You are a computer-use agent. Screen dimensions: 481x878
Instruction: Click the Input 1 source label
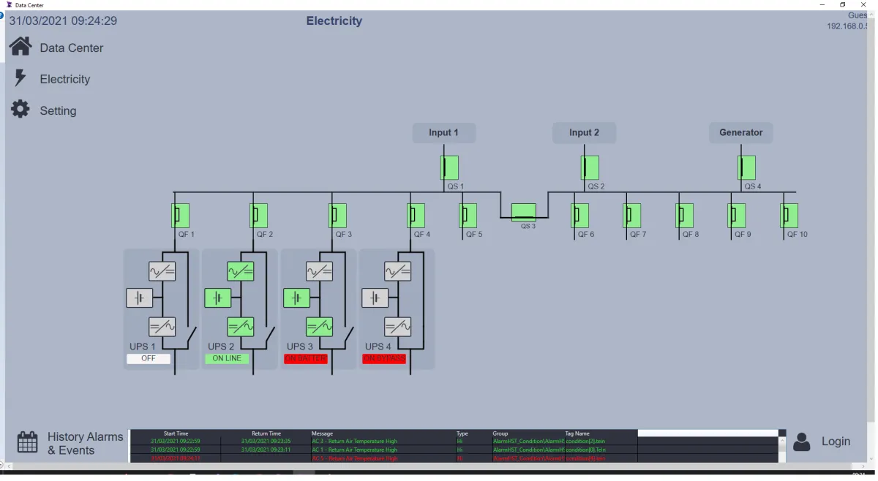(443, 132)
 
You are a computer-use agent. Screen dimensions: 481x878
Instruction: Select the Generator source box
(740, 132)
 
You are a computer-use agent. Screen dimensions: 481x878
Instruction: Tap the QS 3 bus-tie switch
(523, 212)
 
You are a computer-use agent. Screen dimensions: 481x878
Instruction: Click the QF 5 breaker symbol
(468, 216)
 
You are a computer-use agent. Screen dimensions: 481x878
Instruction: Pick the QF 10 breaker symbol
(789, 216)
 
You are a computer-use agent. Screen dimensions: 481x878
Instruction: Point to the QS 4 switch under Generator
(746, 167)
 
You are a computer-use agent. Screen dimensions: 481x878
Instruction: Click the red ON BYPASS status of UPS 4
(384, 359)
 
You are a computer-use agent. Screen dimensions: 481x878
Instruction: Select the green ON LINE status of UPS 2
(227, 359)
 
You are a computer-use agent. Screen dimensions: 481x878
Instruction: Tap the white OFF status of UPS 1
(149, 359)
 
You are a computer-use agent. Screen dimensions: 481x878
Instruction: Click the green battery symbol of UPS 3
(296, 298)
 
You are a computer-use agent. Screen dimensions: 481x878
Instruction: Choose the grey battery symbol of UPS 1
(139, 298)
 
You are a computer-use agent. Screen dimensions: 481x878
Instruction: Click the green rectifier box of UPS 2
(241, 272)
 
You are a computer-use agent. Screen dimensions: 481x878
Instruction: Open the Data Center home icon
(20, 47)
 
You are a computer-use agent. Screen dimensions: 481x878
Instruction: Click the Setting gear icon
(20, 110)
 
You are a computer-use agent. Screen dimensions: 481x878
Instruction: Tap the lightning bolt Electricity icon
(20, 78)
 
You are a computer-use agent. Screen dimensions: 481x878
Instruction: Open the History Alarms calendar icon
(28, 442)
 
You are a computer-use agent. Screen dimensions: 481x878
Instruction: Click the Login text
(836, 442)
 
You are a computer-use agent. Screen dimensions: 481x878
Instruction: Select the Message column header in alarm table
(322, 433)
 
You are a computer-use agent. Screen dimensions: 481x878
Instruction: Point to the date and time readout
(63, 20)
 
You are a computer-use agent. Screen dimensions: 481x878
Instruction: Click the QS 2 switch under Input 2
(590, 167)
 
